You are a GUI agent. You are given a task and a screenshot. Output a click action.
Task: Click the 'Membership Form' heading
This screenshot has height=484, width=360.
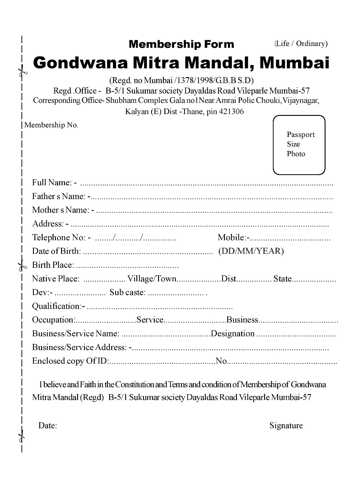tap(181, 44)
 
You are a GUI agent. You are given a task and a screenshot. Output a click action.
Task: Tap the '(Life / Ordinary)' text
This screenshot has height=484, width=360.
tap(301, 44)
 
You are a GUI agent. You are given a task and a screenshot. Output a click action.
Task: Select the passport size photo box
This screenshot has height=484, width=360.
tap(299, 145)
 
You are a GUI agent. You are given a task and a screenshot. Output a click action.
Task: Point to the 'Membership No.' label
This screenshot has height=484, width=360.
tap(51, 125)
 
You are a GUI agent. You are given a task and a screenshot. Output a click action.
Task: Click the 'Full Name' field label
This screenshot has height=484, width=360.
tap(52, 182)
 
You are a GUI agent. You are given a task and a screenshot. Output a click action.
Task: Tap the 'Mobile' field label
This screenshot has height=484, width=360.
tap(232, 237)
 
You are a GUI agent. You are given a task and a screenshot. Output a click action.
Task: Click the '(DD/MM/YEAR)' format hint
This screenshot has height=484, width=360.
tap(251, 251)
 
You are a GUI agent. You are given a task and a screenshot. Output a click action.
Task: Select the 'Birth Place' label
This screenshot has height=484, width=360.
tap(53, 265)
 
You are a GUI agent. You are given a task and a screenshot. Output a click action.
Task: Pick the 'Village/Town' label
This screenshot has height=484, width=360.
tap(152, 279)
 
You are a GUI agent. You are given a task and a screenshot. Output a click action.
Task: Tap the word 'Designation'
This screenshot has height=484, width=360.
tap(233, 334)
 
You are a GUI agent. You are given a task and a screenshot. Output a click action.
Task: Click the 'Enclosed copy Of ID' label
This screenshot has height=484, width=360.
tap(70, 361)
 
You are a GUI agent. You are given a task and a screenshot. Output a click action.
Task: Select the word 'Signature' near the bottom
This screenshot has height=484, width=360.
tap(286, 426)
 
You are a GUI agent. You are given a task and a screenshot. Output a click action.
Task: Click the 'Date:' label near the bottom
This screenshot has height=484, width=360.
tap(48, 426)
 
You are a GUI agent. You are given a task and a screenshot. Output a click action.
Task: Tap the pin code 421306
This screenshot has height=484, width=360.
tap(231, 112)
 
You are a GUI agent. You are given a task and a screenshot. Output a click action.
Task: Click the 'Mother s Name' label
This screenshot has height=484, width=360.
tap(61, 210)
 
